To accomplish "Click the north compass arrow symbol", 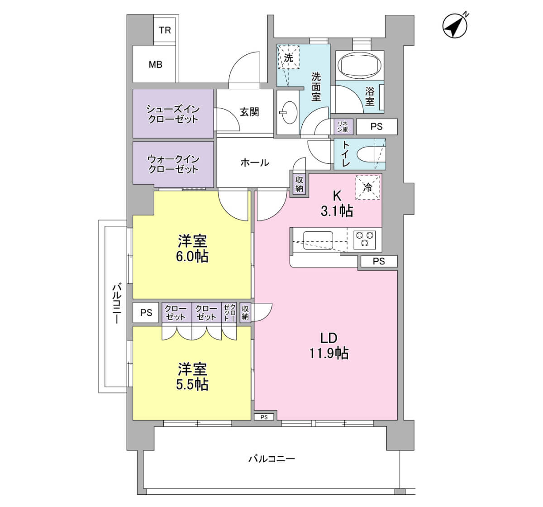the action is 455,26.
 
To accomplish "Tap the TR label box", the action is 165,30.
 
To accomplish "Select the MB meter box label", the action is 156,65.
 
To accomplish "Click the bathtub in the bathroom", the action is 360,65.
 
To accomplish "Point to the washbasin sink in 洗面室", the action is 290,112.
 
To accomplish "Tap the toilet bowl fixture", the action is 371,155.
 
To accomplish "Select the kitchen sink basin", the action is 318,240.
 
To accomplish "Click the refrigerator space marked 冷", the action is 368,188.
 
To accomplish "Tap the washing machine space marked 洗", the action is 289,57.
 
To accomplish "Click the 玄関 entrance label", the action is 249,112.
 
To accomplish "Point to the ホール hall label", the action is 255,163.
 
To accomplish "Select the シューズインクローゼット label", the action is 173,114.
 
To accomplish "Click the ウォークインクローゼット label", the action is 173,164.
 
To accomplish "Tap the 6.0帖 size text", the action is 192,257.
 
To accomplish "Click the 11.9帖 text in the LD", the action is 329,353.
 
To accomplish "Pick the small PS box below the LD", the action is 264,417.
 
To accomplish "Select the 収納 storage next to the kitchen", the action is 300,184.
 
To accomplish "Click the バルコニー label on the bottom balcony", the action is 272,459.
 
